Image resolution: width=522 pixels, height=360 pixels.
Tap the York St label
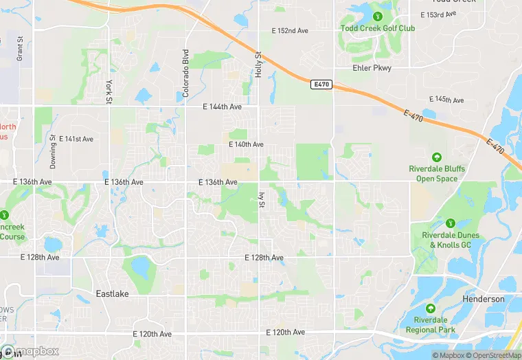(x=109, y=92)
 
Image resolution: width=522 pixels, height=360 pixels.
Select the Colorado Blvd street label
(x=185, y=73)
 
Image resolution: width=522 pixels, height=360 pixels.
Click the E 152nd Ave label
(x=291, y=31)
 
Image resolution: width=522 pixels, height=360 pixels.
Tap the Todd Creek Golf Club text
(x=377, y=28)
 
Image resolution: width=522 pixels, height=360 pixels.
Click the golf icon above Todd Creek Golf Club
(x=377, y=16)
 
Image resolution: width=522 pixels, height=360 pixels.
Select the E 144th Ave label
(x=223, y=106)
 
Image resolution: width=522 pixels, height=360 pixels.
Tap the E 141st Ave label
(x=76, y=139)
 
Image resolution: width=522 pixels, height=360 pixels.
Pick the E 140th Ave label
(x=246, y=145)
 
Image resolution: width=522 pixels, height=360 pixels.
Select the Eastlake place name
(x=111, y=293)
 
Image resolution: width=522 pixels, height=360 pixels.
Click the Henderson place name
(x=484, y=300)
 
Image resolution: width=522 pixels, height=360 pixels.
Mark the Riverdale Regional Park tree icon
(x=430, y=309)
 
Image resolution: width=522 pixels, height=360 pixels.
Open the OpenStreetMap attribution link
(x=493, y=355)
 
